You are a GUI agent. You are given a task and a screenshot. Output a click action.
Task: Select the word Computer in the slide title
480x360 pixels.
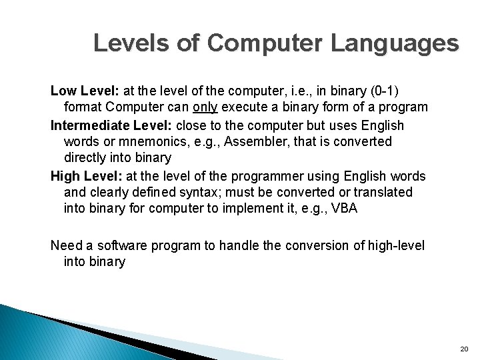coord(267,43)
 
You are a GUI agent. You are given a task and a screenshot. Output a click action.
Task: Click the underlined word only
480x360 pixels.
coord(206,107)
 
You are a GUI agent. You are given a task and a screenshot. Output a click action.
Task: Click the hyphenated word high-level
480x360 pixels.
coord(393,245)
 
